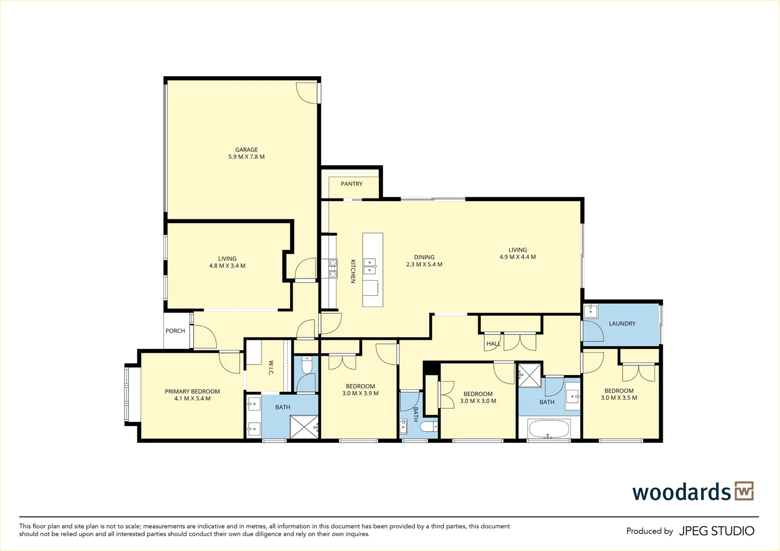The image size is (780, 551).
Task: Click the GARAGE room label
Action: point(246,150)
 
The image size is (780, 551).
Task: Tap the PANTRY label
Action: point(351,184)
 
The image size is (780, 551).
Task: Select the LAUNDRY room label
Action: point(622,323)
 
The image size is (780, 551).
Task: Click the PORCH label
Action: point(175,331)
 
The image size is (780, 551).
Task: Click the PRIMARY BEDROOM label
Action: point(192,391)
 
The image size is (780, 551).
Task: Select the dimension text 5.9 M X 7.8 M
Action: point(246,157)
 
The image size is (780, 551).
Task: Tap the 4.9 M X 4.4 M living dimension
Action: point(517,257)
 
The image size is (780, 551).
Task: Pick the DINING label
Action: point(424,257)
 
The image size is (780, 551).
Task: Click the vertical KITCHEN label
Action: point(352,271)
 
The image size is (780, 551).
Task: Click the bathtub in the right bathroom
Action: point(549,429)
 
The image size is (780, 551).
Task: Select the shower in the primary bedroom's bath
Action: point(304,427)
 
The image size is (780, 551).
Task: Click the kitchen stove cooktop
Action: point(333,268)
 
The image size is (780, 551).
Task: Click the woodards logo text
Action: point(682,492)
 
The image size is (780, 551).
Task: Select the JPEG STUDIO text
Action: point(716,531)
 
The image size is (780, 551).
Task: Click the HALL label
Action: point(493,344)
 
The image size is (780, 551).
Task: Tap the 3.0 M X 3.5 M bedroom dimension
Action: point(619,398)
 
